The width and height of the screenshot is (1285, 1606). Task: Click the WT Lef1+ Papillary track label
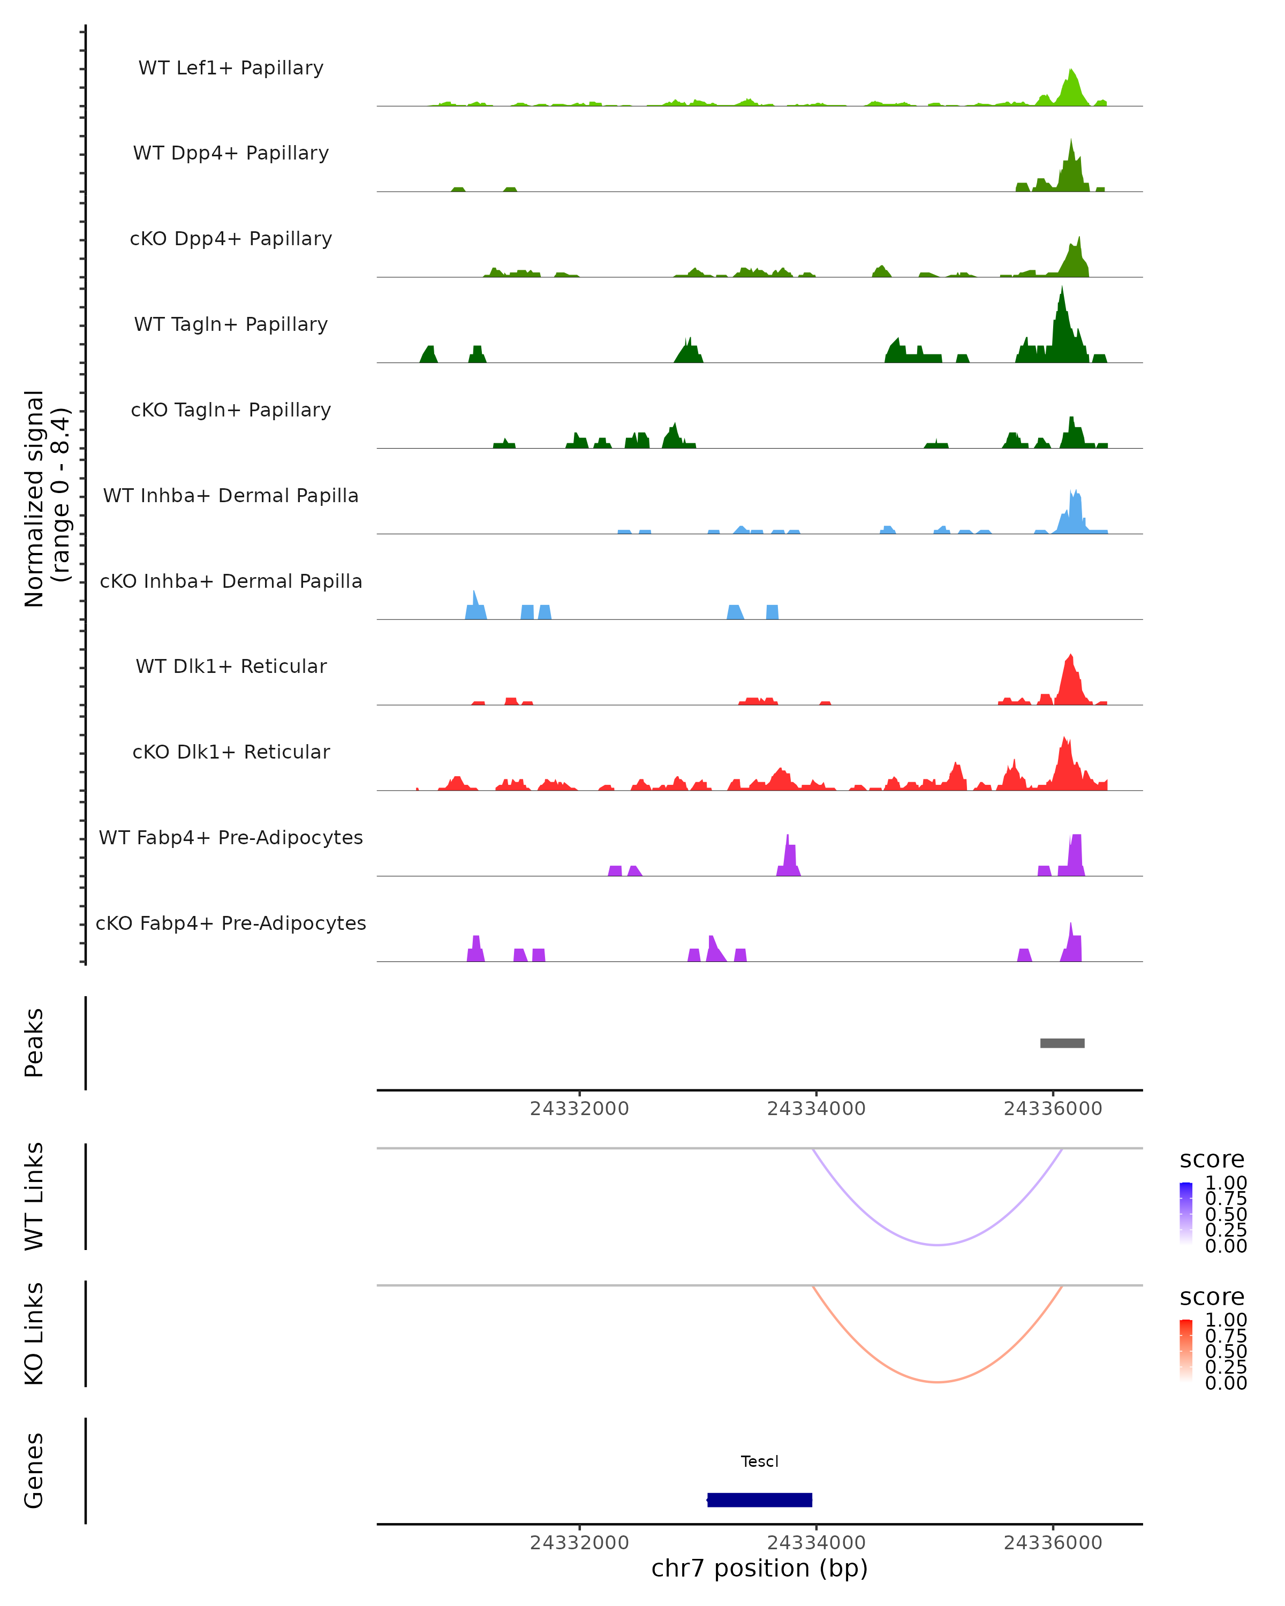pos(231,68)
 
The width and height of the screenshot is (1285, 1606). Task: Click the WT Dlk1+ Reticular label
pos(231,666)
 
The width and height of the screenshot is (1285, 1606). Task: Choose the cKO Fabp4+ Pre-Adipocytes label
pos(231,923)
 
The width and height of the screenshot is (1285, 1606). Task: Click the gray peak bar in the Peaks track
pos(1062,1043)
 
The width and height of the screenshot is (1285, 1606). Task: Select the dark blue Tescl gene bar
pos(759,1499)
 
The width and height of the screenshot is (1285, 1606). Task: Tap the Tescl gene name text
pos(759,1461)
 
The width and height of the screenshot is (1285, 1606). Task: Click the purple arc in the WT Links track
pos(938,1244)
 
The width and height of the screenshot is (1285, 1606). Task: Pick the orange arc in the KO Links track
pos(938,1382)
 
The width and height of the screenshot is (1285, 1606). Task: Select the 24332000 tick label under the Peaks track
pos(579,1109)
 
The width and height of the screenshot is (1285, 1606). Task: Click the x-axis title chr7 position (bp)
pos(759,1568)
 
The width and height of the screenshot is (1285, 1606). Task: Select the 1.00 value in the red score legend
pos(1226,1320)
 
